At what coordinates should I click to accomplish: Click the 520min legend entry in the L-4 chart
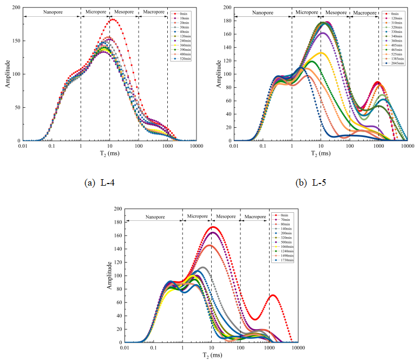pyautogui.click(x=181, y=58)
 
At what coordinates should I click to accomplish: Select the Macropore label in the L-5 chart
pyautogui.click(x=364, y=11)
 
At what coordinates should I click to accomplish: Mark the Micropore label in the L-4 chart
pyautogui.click(x=95, y=11)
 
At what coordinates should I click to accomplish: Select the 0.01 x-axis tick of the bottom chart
pyautogui.click(x=125, y=348)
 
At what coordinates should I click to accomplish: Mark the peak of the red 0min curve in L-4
pyautogui.click(x=113, y=20)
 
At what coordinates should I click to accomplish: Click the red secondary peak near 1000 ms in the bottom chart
pyautogui.click(x=273, y=295)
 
